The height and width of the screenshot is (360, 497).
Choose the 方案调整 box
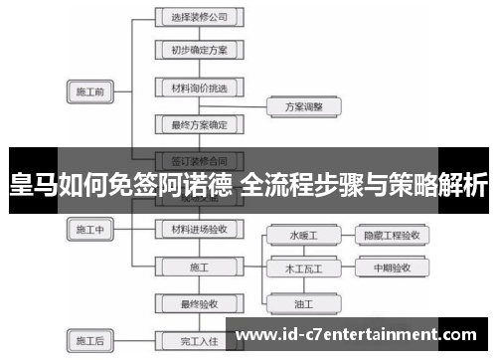(305, 104)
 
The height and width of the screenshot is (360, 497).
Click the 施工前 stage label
(90, 92)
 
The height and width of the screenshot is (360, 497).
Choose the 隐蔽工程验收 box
(392, 236)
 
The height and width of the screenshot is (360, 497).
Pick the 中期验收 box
(392, 269)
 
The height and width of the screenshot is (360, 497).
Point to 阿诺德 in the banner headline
(199, 184)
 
